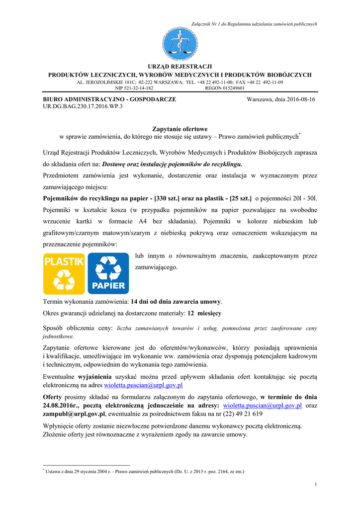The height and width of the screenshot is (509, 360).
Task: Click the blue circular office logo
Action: (180, 45)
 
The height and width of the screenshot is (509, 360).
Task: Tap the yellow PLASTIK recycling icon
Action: (64, 274)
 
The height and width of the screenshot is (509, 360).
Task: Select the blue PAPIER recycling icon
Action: (108, 274)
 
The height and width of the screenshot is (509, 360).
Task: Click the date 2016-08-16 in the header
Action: (300, 99)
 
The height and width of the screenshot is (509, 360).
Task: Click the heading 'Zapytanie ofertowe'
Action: (180, 129)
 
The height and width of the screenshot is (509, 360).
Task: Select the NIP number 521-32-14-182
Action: (134, 88)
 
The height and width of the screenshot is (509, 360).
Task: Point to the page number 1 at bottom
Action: (316, 485)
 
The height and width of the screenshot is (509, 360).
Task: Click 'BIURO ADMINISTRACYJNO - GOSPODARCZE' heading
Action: (109, 99)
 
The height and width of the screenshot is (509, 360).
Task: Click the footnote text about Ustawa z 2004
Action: (144, 471)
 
